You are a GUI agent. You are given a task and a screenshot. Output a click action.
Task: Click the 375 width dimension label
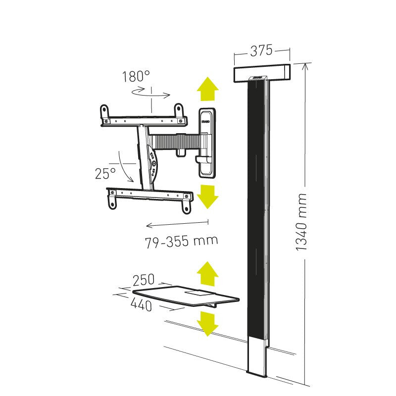(x=261, y=50)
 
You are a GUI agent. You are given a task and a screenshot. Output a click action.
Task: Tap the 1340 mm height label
(x=301, y=222)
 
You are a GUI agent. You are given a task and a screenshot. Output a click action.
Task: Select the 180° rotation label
(x=136, y=77)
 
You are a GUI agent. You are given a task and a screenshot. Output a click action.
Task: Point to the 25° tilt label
(x=105, y=173)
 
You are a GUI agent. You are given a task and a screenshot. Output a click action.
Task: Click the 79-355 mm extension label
(x=182, y=242)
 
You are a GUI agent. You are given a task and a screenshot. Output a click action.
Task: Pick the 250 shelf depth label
(x=144, y=280)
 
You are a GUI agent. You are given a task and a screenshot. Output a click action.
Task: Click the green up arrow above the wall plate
(x=207, y=90)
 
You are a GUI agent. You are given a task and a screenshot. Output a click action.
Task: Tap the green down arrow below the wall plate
(x=207, y=197)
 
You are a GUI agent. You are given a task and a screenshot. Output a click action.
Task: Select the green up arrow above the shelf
(x=207, y=274)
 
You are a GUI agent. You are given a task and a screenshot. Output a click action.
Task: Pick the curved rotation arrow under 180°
(x=151, y=93)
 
